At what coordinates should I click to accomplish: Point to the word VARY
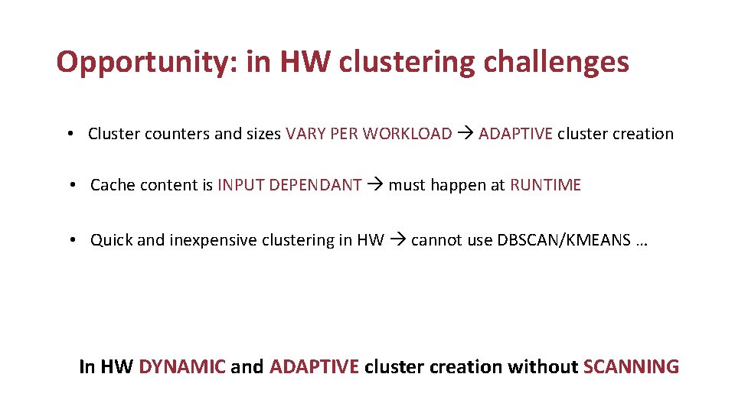(305, 134)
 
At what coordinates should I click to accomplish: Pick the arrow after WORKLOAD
(465, 134)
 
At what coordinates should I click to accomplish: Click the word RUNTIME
(546, 185)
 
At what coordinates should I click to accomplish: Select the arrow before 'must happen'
(375, 185)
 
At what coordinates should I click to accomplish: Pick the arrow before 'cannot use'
(397, 240)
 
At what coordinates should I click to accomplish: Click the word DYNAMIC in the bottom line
(182, 367)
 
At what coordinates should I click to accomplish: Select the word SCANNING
(631, 367)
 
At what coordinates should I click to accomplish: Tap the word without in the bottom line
(542, 367)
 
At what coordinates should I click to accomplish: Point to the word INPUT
(239, 185)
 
